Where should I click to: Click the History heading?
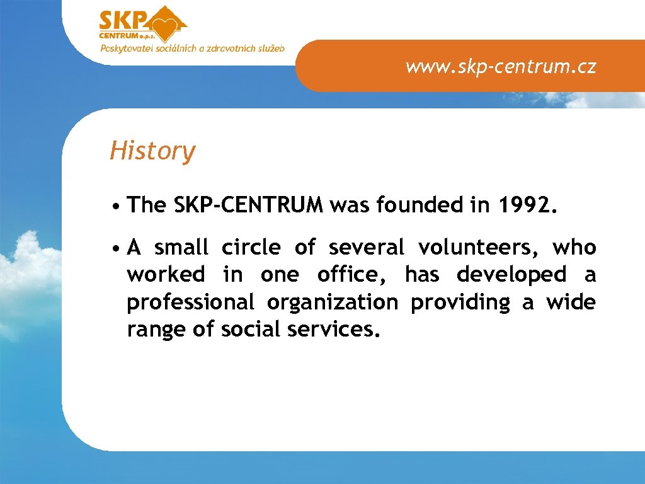tap(152, 151)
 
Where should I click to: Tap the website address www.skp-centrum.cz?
tap(501, 67)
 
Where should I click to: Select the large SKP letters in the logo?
tap(123, 21)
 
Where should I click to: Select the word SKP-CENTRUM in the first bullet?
tap(248, 205)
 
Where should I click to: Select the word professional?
tap(190, 303)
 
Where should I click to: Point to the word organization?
tap(332, 303)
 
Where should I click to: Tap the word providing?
tap(460, 303)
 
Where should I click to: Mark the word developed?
tap(511, 275)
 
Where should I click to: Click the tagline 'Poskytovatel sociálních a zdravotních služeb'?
tap(192, 48)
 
